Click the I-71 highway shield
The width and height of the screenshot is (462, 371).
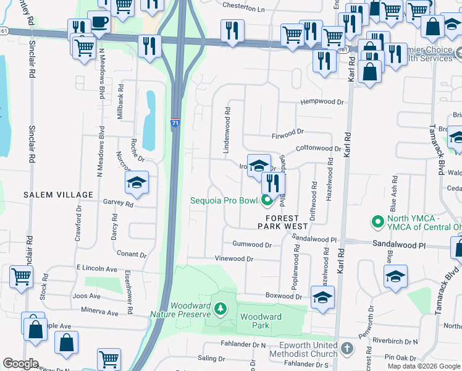[x=175, y=124]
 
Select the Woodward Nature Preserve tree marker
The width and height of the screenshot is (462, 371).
[x=220, y=307]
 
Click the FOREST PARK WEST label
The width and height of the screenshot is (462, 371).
[x=273, y=223]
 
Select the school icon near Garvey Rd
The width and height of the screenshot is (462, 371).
[x=136, y=182]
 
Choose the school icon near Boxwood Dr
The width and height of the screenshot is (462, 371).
[x=322, y=297]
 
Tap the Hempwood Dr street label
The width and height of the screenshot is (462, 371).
[x=322, y=102]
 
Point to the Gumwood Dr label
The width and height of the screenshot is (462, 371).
[x=252, y=245]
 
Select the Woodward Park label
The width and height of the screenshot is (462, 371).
[x=261, y=321]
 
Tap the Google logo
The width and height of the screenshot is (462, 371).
[x=21, y=363]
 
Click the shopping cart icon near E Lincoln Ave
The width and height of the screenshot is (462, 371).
[x=21, y=278]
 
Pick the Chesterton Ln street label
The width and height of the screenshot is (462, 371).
[x=243, y=10]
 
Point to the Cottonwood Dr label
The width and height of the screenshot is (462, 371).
[x=318, y=149]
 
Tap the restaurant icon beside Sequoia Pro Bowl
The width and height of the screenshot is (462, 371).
[x=272, y=183]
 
